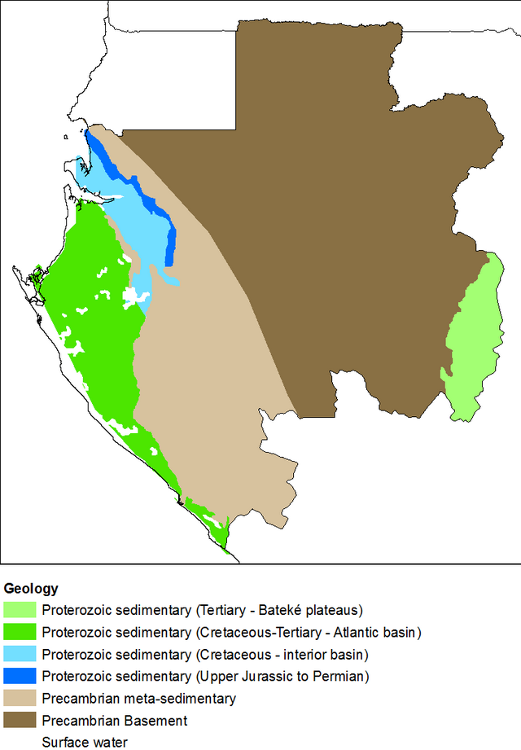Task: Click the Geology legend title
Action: pyautogui.click(x=31, y=588)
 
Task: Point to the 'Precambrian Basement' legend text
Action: pyautogui.click(x=115, y=720)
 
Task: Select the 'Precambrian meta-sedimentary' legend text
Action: pyautogui.click(x=139, y=698)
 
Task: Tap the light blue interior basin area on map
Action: pyautogui.click(x=130, y=220)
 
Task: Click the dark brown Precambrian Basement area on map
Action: pyautogui.click(x=342, y=204)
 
